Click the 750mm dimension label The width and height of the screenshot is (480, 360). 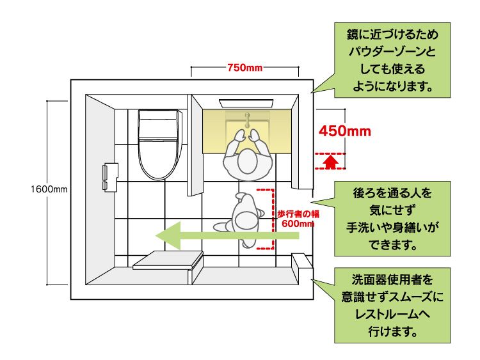(244, 68)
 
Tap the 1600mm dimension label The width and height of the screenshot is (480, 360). (49, 189)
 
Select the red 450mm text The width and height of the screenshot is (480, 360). (345, 131)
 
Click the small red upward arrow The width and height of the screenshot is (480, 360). (330, 162)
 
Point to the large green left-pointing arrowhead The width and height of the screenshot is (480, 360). (168, 235)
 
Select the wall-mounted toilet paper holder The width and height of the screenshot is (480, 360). (110, 177)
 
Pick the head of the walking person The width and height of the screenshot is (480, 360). (246, 220)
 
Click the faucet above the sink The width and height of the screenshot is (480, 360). (247, 120)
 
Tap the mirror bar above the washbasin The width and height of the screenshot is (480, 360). (246, 103)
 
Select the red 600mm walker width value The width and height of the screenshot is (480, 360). (298, 224)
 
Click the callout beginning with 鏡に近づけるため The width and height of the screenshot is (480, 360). (392, 60)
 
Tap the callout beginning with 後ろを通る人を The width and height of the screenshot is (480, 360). (392, 219)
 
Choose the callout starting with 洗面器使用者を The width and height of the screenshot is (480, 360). (392, 305)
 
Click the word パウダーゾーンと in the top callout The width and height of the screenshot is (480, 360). (392, 51)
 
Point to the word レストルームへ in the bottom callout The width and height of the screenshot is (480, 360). (392, 314)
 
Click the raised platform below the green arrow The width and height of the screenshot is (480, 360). (168, 261)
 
